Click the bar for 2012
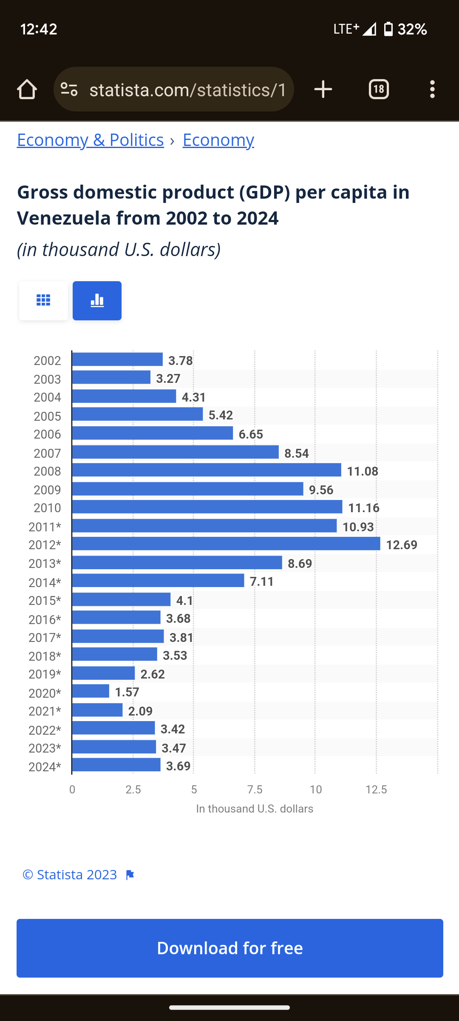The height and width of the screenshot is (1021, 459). click(226, 544)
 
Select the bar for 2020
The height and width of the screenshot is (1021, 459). click(91, 691)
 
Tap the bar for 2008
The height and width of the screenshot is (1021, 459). click(207, 470)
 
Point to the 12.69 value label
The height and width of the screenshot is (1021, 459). click(402, 545)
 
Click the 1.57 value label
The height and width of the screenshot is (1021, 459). click(127, 692)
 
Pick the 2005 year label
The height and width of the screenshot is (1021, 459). click(47, 416)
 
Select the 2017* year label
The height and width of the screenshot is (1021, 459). click(45, 638)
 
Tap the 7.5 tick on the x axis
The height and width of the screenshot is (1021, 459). click(255, 790)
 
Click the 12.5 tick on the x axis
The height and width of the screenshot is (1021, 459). click(376, 790)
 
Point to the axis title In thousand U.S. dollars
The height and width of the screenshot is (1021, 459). click(255, 809)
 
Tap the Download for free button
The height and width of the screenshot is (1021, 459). click(230, 948)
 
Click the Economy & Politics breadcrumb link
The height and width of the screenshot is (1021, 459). click(90, 140)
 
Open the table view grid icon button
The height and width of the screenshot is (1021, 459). click(43, 300)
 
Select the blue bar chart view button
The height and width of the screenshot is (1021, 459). click(97, 300)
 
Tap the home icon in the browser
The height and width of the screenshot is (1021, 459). click(27, 89)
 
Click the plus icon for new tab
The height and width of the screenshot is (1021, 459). click(323, 89)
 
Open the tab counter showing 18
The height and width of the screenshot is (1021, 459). click(379, 89)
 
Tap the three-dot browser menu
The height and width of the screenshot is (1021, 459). click(432, 89)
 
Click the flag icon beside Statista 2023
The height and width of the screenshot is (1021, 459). click(130, 875)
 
